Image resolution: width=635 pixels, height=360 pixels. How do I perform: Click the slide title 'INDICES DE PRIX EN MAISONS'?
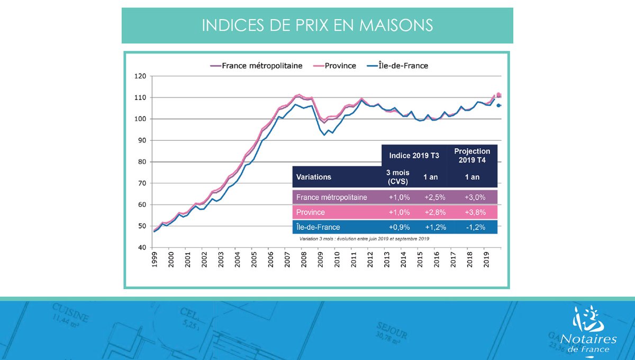317,25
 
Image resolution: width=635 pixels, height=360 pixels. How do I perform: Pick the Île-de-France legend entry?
397,66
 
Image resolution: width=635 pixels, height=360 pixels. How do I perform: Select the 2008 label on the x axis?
303,261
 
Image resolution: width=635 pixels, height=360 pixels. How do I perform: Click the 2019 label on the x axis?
485,261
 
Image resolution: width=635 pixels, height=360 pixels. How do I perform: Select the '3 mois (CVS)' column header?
397,177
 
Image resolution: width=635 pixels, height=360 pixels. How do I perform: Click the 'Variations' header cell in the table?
314,177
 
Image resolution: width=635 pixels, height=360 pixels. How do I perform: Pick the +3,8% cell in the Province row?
472,212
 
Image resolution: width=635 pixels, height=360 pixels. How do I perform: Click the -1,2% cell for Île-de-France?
472,227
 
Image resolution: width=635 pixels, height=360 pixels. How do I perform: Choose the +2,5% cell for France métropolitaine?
433,197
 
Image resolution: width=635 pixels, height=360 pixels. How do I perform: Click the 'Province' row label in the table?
311,212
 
